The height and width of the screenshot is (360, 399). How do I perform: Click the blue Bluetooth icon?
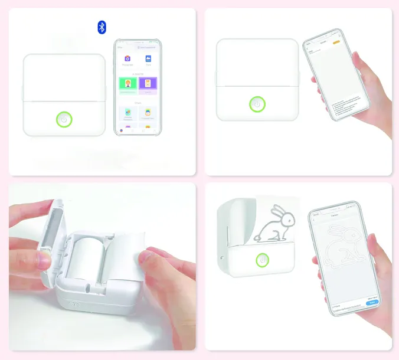[102, 27]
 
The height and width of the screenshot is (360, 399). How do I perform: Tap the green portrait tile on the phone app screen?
[127, 85]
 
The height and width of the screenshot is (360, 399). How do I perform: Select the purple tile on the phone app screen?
[148, 85]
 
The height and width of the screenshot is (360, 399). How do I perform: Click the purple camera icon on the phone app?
[127, 58]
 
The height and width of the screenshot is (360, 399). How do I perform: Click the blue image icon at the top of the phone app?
[148, 58]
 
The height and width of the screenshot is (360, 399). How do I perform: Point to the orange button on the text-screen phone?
[337, 42]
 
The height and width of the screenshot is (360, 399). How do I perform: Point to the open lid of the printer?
[50, 236]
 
